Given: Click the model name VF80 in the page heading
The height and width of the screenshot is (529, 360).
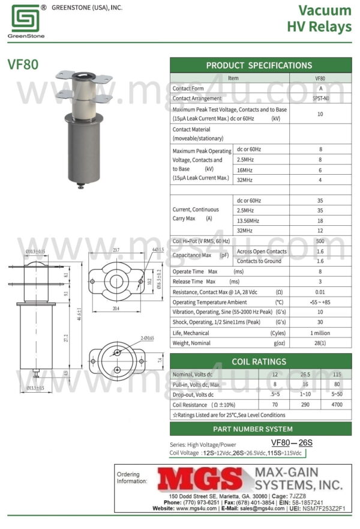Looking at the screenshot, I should tap(23, 65).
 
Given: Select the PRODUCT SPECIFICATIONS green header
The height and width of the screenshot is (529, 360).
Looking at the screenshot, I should tap(260, 65).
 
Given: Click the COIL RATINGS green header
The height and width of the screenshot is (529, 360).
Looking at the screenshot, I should tap(260, 361).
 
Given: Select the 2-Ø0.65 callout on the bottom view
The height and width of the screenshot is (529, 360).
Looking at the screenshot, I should tap(148, 339).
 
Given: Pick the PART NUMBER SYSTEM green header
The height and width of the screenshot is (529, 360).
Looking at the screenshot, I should tap(260, 429).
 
